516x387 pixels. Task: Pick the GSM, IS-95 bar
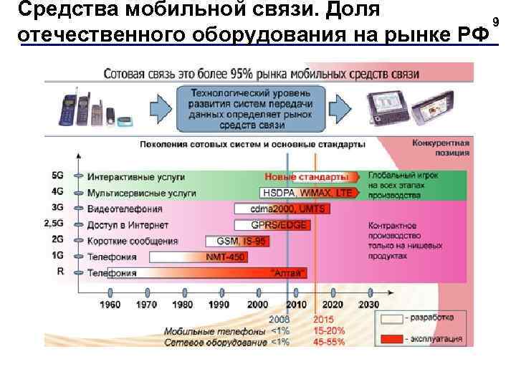(x=237, y=241)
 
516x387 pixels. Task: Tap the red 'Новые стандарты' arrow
(x=308, y=176)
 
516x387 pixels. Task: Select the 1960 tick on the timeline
(x=110, y=294)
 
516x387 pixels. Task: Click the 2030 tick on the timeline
(x=370, y=294)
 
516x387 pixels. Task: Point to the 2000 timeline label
(x=258, y=304)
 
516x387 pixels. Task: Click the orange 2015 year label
(x=324, y=320)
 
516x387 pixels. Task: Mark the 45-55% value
(x=329, y=342)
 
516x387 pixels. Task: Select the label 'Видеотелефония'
(x=125, y=209)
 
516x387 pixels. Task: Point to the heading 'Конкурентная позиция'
(x=441, y=147)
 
